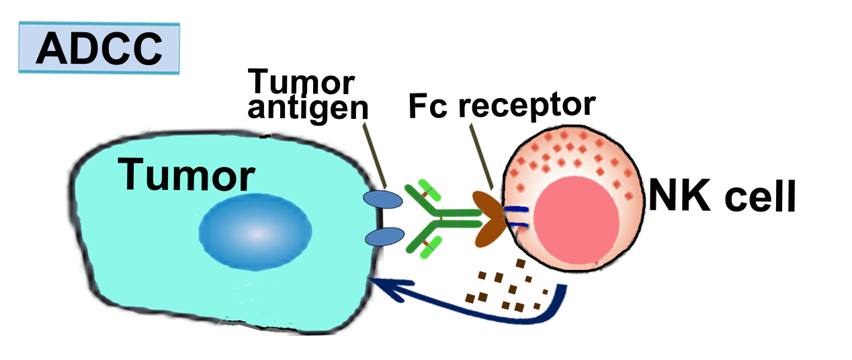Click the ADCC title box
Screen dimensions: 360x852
[x=99, y=48]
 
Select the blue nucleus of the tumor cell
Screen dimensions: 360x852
[x=255, y=233]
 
